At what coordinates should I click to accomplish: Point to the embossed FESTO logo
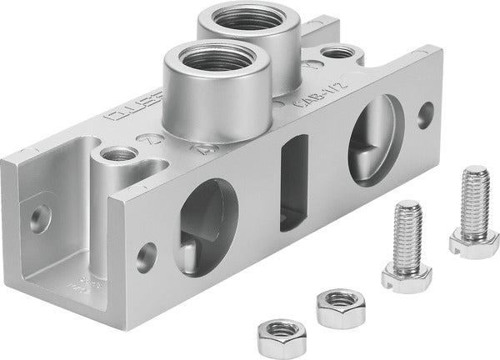129,114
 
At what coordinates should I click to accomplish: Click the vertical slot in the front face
292,185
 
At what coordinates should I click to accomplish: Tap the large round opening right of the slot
375,139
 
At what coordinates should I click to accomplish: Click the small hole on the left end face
39,219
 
